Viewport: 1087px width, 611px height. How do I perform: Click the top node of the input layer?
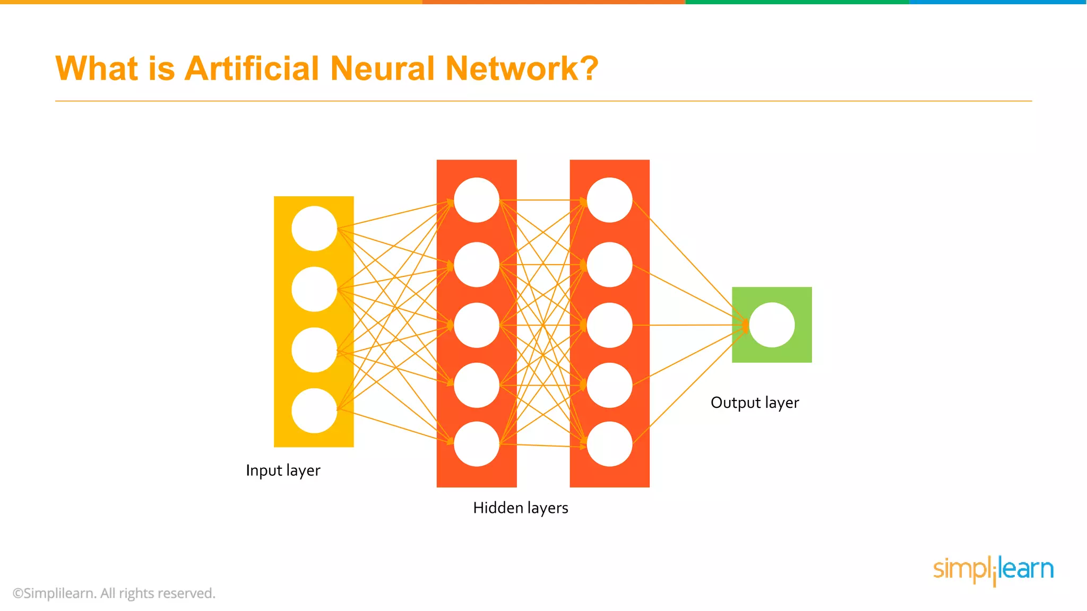[314, 229]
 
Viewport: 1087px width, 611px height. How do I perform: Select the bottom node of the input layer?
[314, 411]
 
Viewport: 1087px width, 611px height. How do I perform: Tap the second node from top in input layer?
[314, 289]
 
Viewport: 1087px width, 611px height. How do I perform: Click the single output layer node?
[772, 325]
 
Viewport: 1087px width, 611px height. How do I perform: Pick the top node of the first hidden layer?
[477, 200]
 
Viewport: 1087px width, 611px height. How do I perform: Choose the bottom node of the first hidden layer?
[477, 444]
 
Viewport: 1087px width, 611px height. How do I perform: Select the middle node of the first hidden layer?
[477, 325]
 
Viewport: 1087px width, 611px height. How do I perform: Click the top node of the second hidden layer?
[609, 200]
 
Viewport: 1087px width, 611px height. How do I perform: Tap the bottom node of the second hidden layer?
[609, 444]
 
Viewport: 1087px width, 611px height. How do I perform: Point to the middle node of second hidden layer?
[609, 325]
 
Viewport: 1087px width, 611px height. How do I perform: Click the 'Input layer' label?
[283, 470]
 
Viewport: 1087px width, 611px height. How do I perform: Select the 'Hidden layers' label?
[520, 508]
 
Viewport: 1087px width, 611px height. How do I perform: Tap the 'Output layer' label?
[754, 403]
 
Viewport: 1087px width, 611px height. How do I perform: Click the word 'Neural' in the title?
[382, 69]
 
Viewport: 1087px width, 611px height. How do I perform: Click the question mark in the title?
[589, 69]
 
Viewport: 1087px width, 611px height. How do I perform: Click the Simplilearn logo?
[993, 570]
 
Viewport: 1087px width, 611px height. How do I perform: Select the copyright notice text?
[114, 593]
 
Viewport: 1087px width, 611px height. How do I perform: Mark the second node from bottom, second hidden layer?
[609, 385]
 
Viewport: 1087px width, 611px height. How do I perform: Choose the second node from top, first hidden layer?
[477, 265]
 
